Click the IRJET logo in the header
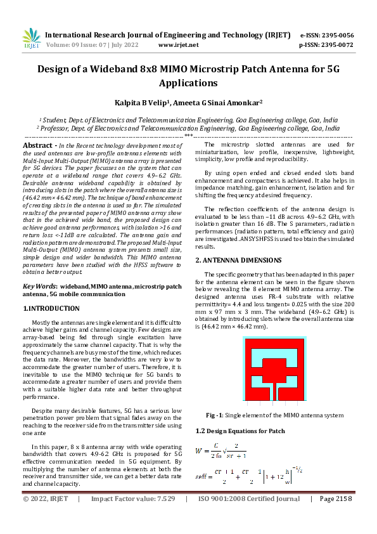pyautogui.click(x=31, y=39)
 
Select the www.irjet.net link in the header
pyautogui.click(x=178, y=45)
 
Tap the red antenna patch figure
pyautogui.click(x=274, y=371)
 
